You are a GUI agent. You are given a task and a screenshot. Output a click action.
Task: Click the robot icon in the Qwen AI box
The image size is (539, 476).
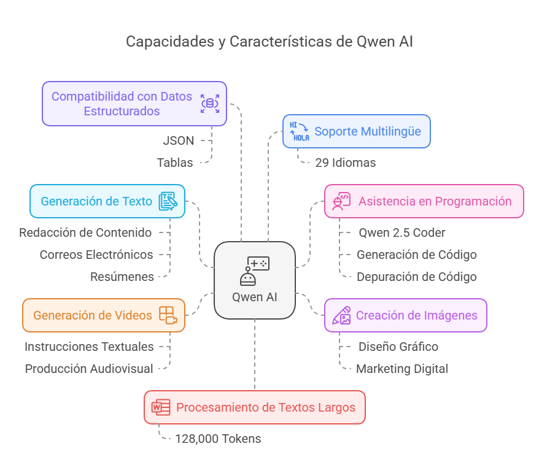pos(255,271)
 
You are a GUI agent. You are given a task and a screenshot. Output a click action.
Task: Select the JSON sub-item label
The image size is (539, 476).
pos(179,141)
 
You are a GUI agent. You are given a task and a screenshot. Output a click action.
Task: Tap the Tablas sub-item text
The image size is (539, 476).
pos(175,163)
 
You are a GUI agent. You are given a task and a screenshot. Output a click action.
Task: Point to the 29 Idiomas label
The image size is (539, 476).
pos(346,163)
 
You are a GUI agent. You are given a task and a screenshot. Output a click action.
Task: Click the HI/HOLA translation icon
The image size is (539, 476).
pos(300,131)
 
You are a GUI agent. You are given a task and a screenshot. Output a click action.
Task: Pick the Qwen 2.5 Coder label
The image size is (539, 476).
pos(402,233)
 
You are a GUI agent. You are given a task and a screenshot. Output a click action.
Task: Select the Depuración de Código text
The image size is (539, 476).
pos(417,277)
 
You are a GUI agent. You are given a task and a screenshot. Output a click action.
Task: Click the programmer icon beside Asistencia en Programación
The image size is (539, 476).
pos(341,201)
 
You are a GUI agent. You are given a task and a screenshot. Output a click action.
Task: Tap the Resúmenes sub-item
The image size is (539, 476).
pos(122,277)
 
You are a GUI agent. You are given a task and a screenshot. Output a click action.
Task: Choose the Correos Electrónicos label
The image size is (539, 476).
pos(96,255)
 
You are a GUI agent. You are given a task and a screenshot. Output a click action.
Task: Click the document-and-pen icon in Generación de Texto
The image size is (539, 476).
pos(168,201)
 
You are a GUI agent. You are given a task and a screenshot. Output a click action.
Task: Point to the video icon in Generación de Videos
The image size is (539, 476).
pos(168,315)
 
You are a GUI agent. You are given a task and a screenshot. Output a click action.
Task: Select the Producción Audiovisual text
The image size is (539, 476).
pos(89,369)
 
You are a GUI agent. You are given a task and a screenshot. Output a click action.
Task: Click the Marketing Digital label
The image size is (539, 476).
pos(402,369)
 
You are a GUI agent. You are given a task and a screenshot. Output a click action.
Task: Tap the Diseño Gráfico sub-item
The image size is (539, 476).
pos(398,347)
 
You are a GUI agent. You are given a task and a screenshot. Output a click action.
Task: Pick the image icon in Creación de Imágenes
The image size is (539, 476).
pos(341,315)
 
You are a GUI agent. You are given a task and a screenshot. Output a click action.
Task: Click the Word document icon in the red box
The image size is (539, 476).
pos(161,407)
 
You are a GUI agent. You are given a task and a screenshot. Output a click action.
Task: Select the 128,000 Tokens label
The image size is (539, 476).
pos(219,439)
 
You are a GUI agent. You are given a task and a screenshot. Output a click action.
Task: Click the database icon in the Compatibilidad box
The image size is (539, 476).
pos(210,104)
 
